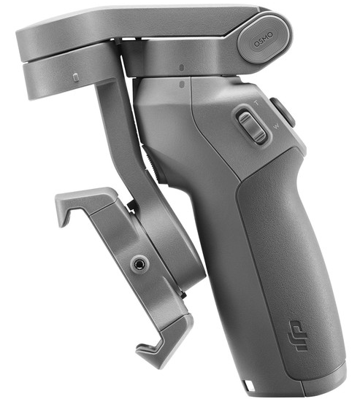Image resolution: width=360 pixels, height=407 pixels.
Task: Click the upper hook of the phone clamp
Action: tap(69, 208)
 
